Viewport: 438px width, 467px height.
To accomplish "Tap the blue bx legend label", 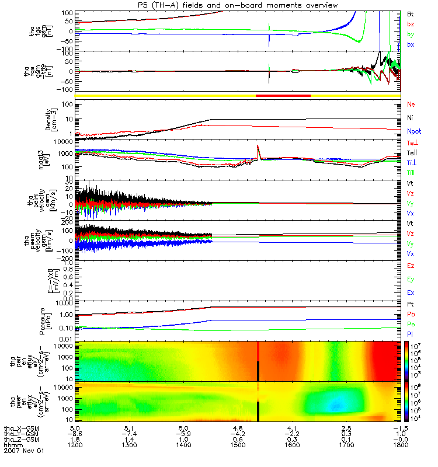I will (x=411, y=45).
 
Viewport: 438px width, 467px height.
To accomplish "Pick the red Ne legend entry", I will (x=411, y=104).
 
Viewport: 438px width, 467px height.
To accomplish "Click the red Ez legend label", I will (x=411, y=266).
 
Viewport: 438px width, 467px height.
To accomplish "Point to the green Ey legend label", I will (x=411, y=278).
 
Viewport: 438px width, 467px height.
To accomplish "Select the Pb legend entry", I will (x=411, y=315).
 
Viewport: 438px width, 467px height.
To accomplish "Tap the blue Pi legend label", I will (x=411, y=333).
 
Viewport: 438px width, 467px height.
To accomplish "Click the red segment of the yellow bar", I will (x=283, y=95).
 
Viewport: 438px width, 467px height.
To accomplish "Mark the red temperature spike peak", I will (x=258, y=145).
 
